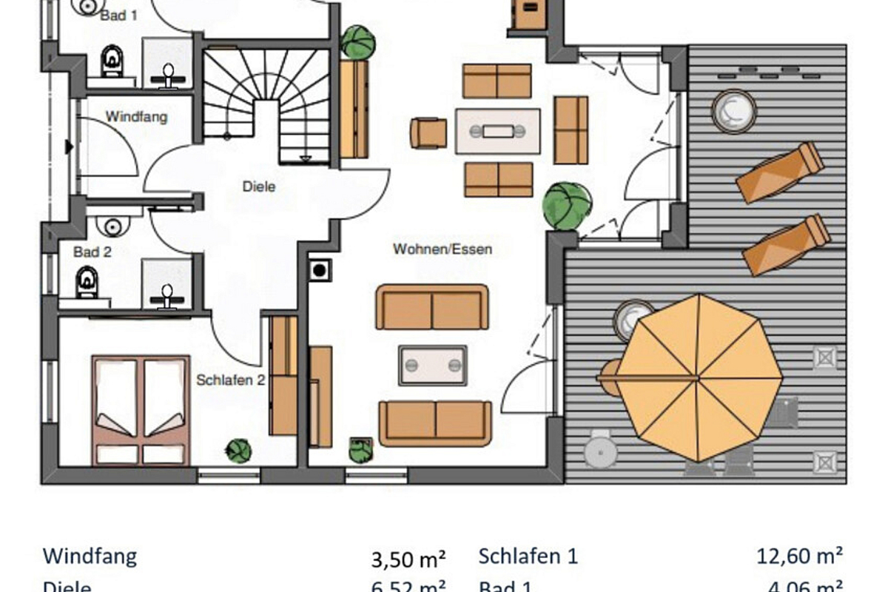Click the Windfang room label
136,117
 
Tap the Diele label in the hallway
258,186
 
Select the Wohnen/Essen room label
443,249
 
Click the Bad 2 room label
92,252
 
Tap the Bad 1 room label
118,15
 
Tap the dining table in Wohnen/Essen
497,131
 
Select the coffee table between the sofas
433,365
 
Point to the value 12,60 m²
800,555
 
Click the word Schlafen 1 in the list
528,556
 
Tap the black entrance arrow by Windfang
70,147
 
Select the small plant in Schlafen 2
239,450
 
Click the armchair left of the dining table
428,132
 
